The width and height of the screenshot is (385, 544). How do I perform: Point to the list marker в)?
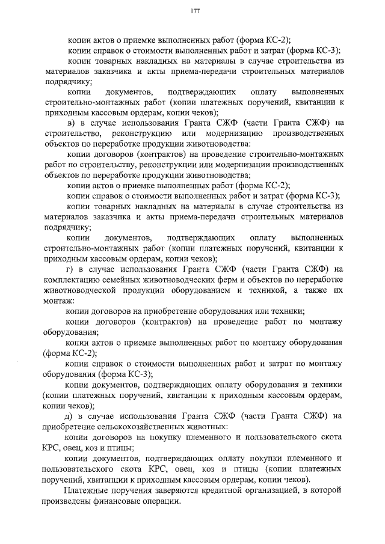(70, 123)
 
